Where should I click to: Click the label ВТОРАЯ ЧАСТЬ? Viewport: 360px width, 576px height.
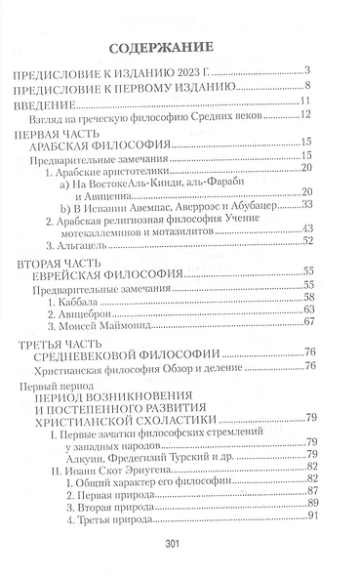tap(75, 264)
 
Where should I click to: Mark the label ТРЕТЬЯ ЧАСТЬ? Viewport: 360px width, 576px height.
tap(77, 345)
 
